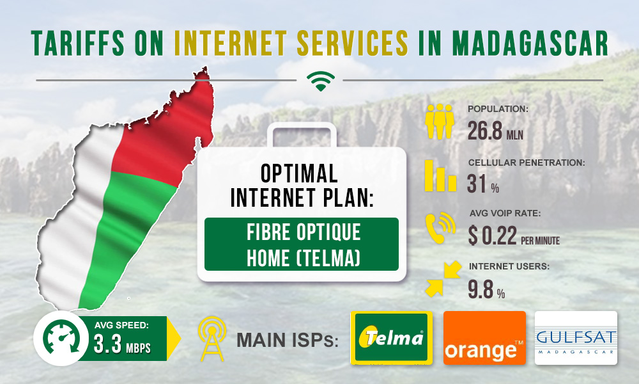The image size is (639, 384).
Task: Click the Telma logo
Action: coord(391,337)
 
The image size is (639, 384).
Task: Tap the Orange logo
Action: coord(484,337)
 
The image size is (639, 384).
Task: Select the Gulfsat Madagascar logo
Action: coord(576,337)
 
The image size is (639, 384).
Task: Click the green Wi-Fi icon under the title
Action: coord(321,81)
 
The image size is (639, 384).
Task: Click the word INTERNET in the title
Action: coord(230,43)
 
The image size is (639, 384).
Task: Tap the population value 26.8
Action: coord(485,131)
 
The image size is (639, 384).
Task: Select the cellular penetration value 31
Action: coord(477,184)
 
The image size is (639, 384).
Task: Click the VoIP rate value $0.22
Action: coord(493,236)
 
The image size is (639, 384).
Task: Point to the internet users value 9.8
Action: coord(481,289)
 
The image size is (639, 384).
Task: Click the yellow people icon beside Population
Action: coord(440,122)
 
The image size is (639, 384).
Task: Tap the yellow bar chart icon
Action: coord(440,175)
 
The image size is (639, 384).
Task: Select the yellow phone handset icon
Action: coord(440,228)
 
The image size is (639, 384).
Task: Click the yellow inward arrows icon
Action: coord(443,278)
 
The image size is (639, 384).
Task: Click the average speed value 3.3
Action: coord(107,344)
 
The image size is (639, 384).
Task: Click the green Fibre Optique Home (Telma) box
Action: coord(302,244)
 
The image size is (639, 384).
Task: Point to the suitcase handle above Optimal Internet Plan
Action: coord(302,134)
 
